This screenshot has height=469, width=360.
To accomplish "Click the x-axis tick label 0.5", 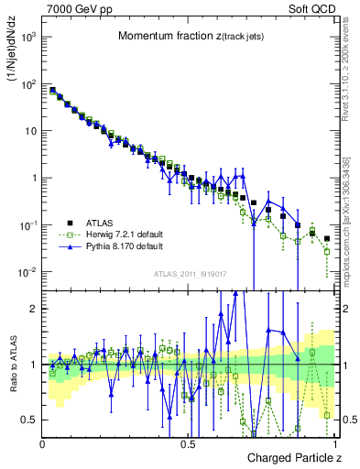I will [189, 444].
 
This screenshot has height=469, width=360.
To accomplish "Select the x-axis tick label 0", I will [43, 444].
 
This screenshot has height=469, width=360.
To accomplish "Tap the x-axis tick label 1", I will [335, 444].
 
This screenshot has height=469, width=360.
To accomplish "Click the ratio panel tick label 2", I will [35, 309].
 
